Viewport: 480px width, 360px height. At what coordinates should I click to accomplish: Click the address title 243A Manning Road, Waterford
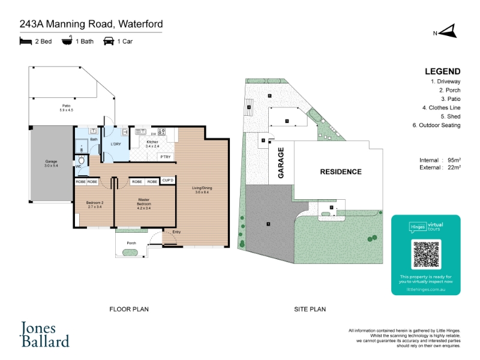point(91,25)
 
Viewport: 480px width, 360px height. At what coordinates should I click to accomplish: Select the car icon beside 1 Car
point(109,41)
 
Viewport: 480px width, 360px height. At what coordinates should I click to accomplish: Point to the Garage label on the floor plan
point(51,163)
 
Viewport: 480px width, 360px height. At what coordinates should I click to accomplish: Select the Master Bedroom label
point(144,202)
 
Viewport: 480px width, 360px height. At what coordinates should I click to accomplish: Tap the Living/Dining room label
point(202,190)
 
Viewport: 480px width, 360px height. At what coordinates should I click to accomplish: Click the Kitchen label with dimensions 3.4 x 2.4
point(152,143)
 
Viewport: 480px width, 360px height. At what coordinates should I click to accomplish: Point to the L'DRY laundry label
point(116,144)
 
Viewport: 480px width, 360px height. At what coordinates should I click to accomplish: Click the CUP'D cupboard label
point(168,181)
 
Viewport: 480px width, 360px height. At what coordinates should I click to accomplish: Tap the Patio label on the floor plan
point(66,107)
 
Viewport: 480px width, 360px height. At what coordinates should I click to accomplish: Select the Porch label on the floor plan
point(131,243)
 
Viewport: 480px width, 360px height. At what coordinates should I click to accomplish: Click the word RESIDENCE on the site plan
point(340,172)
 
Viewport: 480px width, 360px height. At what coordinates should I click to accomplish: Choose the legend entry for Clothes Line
point(441,107)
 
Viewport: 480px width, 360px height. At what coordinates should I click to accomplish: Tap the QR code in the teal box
point(426,254)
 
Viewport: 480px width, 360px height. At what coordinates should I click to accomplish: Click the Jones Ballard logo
point(46,335)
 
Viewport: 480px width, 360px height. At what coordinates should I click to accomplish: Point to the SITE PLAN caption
point(310,309)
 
